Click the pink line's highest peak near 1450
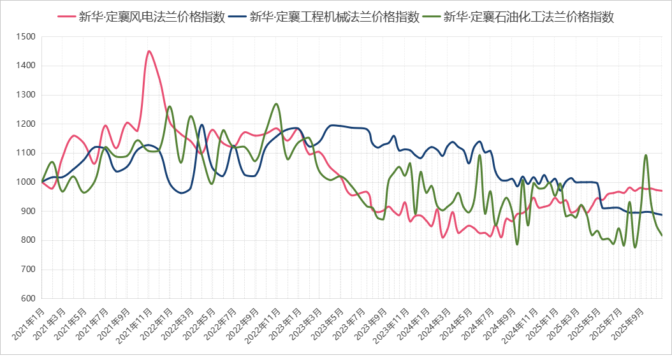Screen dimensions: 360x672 [149, 50]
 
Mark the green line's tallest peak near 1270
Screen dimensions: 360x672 [276, 103]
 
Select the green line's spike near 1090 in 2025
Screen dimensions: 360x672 [646, 155]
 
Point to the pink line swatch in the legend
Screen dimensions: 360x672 [66, 17]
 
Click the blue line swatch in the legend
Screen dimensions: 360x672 [238, 17]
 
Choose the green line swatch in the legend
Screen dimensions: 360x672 [432, 17]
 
